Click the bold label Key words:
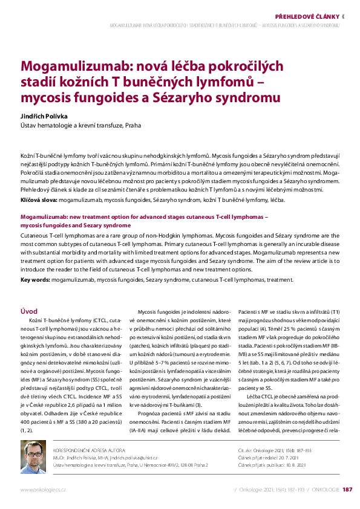click(35, 280)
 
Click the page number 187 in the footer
click(347, 489)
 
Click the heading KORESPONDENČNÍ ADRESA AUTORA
click(90, 451)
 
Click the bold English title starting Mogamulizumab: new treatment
click(144, 216)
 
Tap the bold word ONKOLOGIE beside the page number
click(326, 489)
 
